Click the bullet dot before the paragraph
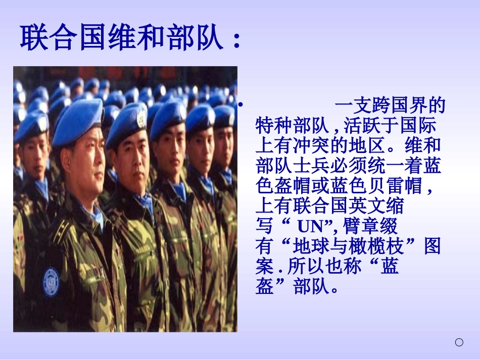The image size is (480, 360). pyautogui.click(x=241, y=105)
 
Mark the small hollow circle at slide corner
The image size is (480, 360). pyautogui.click(x=459, y=343)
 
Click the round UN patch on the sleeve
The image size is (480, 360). pyautogui.click(x=51, y=281)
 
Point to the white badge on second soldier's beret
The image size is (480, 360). pyautogui.click(x=142, y=119)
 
